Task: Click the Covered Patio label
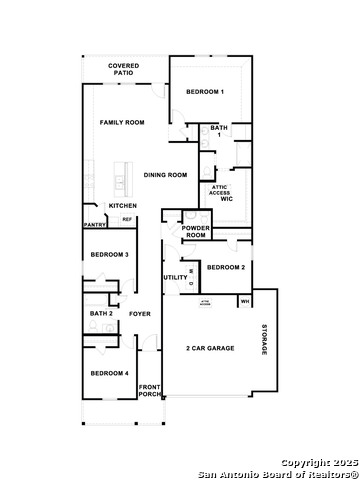coord(124,68)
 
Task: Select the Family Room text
coord(122,122)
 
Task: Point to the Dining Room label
coord(165,175)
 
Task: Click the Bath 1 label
coord(218,131)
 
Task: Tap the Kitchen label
coord(123,206)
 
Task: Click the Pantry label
coord(94,225)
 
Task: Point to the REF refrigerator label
coord(127,219)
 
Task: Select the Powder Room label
coord(195,231)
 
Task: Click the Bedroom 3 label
coord(109,255)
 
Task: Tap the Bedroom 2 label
coord(225,267)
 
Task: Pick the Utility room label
coord(175,277)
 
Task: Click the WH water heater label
coord(245,300)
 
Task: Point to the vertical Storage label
coord(265,340)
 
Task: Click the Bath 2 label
coord(101,313)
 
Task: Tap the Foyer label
coord(140,313)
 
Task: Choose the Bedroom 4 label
coord(109,373)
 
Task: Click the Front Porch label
coord(149,390)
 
